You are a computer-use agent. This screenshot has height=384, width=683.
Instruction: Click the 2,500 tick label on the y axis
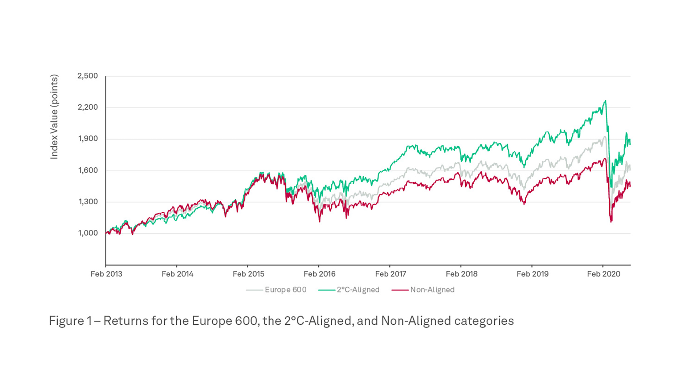[x=88, y=76]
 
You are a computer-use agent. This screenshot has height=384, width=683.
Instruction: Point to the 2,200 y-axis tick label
[x=88, y=107]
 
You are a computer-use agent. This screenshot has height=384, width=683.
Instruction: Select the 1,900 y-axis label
[x=88, y=139]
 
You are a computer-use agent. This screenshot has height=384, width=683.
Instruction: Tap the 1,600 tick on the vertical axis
[x=88, y=171]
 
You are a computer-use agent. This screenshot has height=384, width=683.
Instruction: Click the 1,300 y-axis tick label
[x=88, y=202]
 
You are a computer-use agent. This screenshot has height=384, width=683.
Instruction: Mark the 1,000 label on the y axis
[x=88, y=233]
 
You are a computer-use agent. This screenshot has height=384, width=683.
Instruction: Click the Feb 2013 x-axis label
[x=106, y=274]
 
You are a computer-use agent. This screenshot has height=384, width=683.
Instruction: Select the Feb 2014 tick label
[x=177, y=274]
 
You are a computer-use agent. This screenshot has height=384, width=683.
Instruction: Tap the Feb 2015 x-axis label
[x=248, y=274]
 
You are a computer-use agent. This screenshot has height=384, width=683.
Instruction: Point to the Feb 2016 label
[x=319, y=274]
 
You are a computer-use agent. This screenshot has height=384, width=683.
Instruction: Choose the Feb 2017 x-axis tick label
[x=390, y=274]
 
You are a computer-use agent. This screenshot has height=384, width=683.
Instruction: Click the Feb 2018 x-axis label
[x=461, y=274]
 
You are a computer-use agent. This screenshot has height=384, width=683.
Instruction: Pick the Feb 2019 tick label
[x=532, y=274]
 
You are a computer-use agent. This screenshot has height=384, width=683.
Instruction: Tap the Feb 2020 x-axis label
[x=603, y=274]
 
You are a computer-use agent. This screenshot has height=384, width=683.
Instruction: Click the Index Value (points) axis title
[x=54, y=117]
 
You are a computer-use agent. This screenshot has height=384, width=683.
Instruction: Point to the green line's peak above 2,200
[x=605, y=101]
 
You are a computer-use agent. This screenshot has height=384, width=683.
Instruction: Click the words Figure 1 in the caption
[x=70, y=321]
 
